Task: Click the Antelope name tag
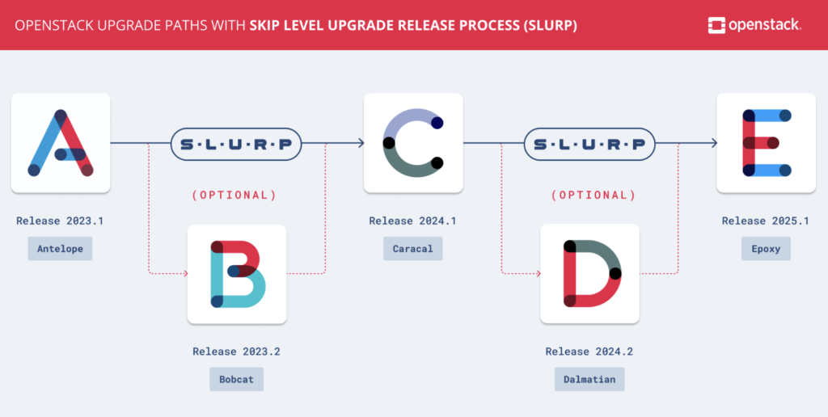pos(61,248)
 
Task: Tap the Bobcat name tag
pos(236,379)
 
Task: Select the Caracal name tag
pos(412,248)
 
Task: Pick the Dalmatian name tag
pos(589,379)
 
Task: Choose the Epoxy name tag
pos(766,248)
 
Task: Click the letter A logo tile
pos(61,143)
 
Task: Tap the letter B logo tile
pos(237,274)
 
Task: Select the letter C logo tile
pos(413,143)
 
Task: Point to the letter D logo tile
pos(589,274)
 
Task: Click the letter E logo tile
pos(766,143)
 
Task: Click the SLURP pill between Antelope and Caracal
pos(236,144)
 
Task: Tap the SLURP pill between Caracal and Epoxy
pos(589,144)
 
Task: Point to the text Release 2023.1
pos(60,221)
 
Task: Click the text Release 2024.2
pos(589,352)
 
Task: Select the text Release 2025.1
pos(766,221)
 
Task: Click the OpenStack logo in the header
pos(754,25)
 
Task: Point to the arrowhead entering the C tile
pos(360,144)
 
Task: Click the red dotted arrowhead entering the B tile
pos(184,274)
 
